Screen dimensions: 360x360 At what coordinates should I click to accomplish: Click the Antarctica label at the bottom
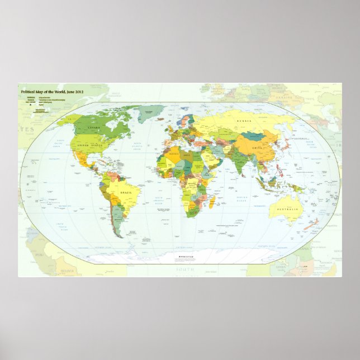click(184, 257)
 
